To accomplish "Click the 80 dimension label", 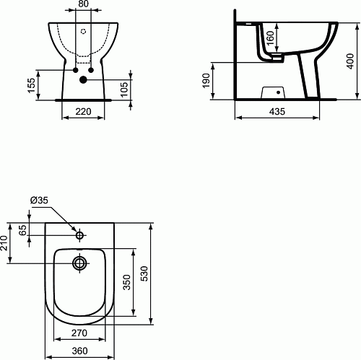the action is (x=83, y=4).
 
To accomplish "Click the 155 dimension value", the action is (x=31, y=85).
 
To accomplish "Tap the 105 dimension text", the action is (x=124, y=89).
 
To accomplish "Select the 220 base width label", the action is (x=83, y=112).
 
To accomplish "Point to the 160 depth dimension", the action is (x=270, y=38).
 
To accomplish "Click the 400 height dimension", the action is (x=350, y=61).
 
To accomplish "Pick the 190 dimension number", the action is (x=206, y=81).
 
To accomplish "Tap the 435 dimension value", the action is (x=277, y=112).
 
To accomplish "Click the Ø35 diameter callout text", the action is (x=39, y=200).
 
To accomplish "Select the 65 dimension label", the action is (x=22, y=230).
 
